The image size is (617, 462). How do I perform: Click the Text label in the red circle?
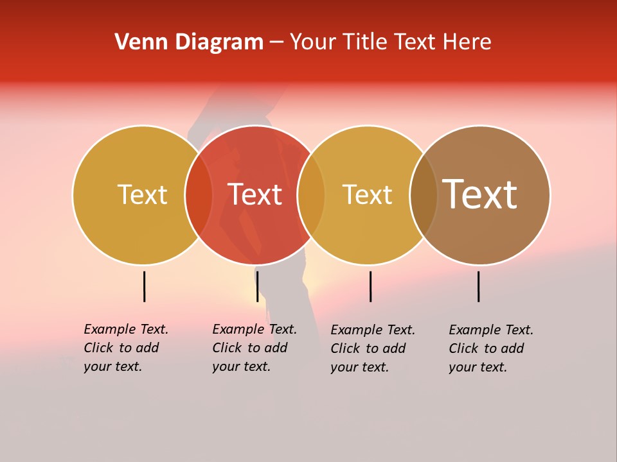[x=255, y=194]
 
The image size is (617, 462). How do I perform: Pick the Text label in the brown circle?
[x=480, y=194]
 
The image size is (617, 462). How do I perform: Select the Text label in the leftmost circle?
[x=143, y=194]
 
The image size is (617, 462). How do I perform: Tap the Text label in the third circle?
[x=368, y=194]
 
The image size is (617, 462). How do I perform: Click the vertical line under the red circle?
[x=257, y=286]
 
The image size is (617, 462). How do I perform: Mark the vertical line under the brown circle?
[x=479, y=286]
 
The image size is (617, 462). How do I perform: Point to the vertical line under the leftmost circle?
[x=145, y=286]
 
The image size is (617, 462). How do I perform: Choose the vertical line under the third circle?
[x=370, y=286]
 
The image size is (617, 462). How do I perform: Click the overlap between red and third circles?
[x=311, y=194]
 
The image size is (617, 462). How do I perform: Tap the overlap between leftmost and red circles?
[x=199, y=194]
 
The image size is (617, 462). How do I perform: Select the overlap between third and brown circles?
[x=424, y=194]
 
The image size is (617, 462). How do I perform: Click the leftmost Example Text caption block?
[x=126, y=348]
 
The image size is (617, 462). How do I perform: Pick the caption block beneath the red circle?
[x=255, y=348]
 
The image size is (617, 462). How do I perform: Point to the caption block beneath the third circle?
[x=373, y=348]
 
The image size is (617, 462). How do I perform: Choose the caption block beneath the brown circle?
[x=491, y=348]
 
